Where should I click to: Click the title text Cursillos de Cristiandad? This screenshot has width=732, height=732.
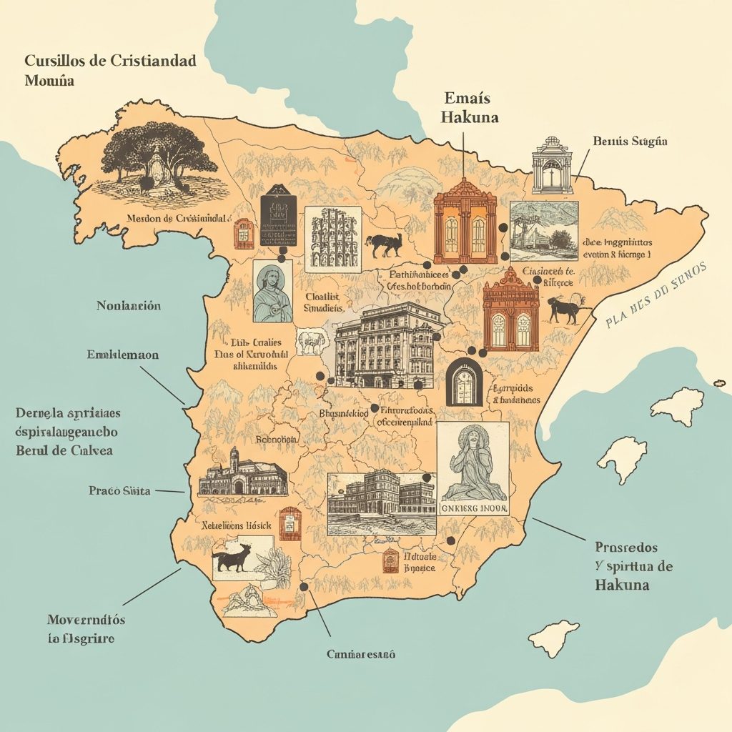110,61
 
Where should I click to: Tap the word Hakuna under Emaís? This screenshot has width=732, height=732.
470,116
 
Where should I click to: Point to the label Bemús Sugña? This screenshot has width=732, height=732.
630,142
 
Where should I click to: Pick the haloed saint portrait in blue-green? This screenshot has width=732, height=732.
272,291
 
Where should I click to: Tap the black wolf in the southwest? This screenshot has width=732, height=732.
233,558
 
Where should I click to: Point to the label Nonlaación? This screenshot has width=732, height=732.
129,306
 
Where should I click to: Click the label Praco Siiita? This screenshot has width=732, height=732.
119,491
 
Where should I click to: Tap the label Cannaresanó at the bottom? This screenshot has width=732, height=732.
361,653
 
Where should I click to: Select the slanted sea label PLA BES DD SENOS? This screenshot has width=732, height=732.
656,295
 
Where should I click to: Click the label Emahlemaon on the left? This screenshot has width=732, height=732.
123,355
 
